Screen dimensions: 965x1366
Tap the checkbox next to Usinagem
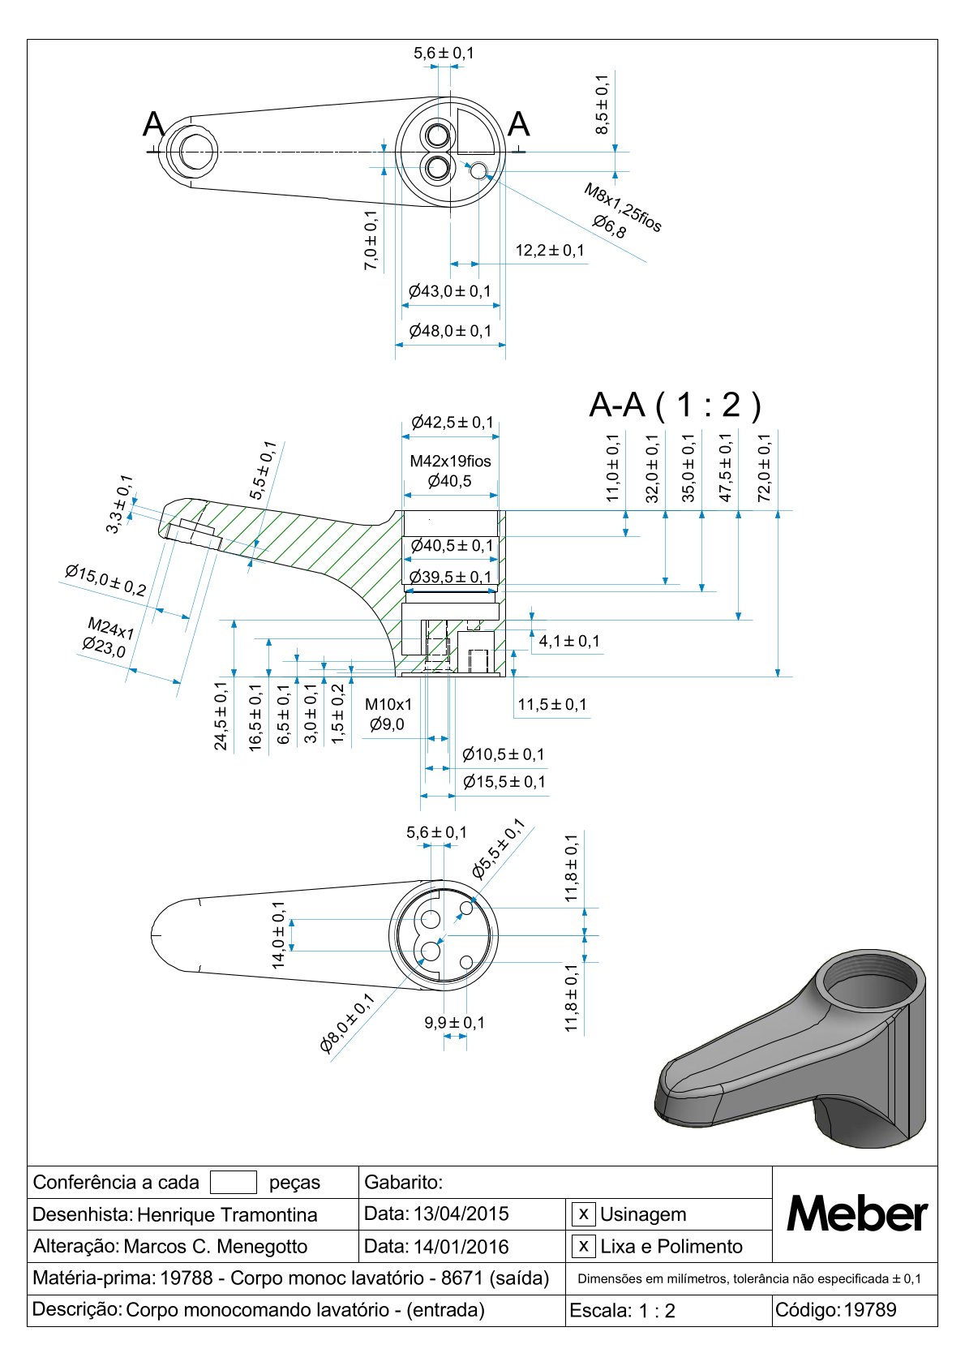583,1214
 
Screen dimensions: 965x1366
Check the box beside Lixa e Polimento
583,1246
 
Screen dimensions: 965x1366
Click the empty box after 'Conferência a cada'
233,1182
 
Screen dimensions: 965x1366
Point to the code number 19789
870,1309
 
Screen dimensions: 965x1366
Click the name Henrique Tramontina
227,1215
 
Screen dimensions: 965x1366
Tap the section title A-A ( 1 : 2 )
675,404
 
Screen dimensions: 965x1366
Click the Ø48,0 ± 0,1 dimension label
450,331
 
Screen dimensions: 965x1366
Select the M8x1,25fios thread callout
623,208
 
